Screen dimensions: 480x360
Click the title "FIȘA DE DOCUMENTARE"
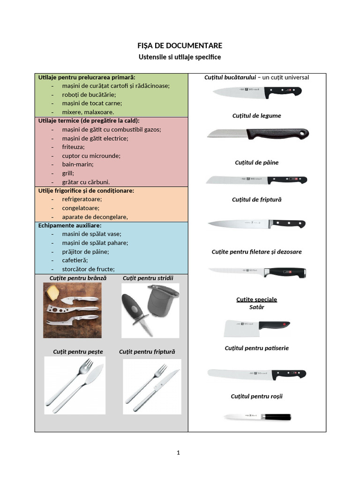(x=180, y=45)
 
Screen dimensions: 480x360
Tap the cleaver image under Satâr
(x=256, y=328)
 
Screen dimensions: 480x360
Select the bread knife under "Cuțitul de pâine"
(x=256, y=180)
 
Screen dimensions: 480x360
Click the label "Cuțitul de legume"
(x=256, y=116)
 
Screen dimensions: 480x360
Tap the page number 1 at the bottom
(x=179, y=453)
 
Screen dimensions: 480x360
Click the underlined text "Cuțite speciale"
(x=256, y=299)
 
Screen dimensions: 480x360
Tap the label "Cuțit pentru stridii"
(x=148, y=278)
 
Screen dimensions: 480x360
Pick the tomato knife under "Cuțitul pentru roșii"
(x=256, y=417)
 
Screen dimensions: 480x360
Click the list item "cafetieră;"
(x=75, y=260)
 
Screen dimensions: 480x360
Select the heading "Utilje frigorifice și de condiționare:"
(x=86, y=191)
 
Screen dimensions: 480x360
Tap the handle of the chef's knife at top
(x=284, y=91)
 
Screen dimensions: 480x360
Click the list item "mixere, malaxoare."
(x=88, y=112)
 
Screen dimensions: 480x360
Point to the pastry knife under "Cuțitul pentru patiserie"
(x=256, y=374)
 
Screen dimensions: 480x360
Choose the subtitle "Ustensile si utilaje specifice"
(x=180, y=57)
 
